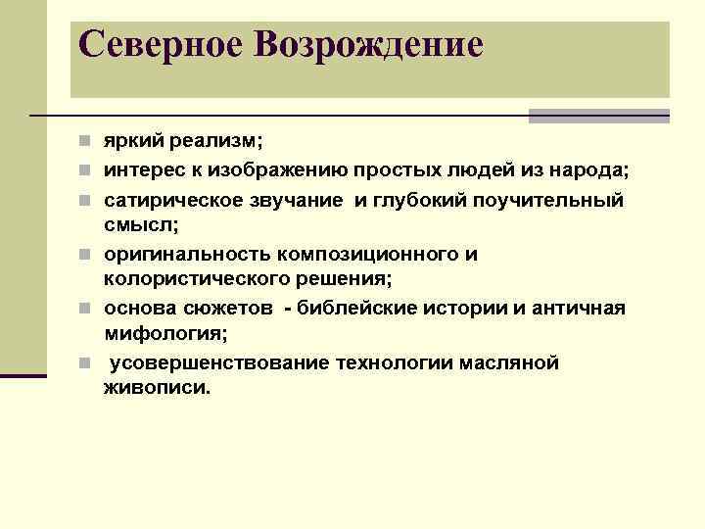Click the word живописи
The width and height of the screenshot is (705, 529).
156,388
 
